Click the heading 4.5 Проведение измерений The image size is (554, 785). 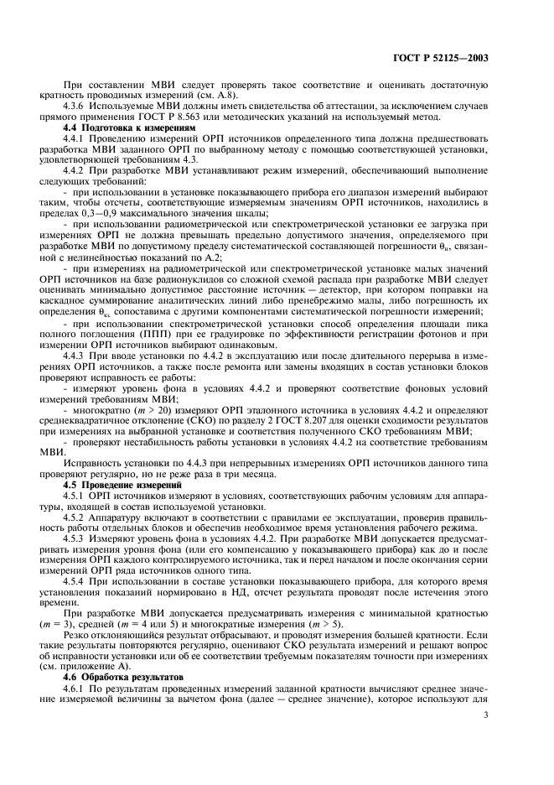tap(126, 486)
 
